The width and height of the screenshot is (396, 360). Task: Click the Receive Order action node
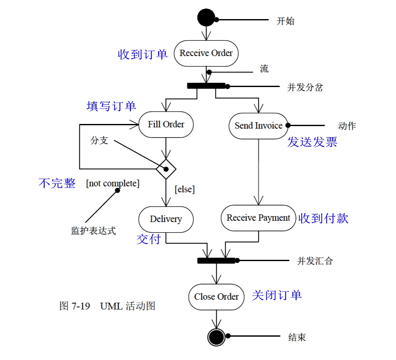[206, 53]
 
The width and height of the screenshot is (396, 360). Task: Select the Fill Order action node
[166, 124]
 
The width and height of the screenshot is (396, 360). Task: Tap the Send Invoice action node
[258, 126]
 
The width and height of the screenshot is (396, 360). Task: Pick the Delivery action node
[166, 219]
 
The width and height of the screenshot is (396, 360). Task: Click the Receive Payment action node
[258, 218]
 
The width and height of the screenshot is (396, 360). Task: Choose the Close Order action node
[216, 297]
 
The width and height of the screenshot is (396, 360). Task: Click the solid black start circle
[206, 18]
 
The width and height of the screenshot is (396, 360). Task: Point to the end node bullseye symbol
[216, 337]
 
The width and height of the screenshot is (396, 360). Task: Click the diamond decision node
[166, 169]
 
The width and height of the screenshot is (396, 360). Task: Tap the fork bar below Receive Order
[206, 86]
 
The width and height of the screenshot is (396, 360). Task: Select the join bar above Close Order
[216, 260]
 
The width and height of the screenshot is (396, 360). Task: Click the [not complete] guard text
[113, 183]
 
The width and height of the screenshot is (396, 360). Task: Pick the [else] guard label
[184, 189]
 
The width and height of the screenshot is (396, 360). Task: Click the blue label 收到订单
[143, 54]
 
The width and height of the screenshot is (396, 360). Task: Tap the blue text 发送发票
[312, 142]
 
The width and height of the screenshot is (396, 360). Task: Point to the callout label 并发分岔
[305, 88]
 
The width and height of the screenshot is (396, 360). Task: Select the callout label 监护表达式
[93, 231]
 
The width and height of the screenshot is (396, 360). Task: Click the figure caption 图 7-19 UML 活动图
[107, 306]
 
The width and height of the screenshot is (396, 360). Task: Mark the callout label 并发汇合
[315, 261]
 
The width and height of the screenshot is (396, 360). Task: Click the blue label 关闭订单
[277, 295]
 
